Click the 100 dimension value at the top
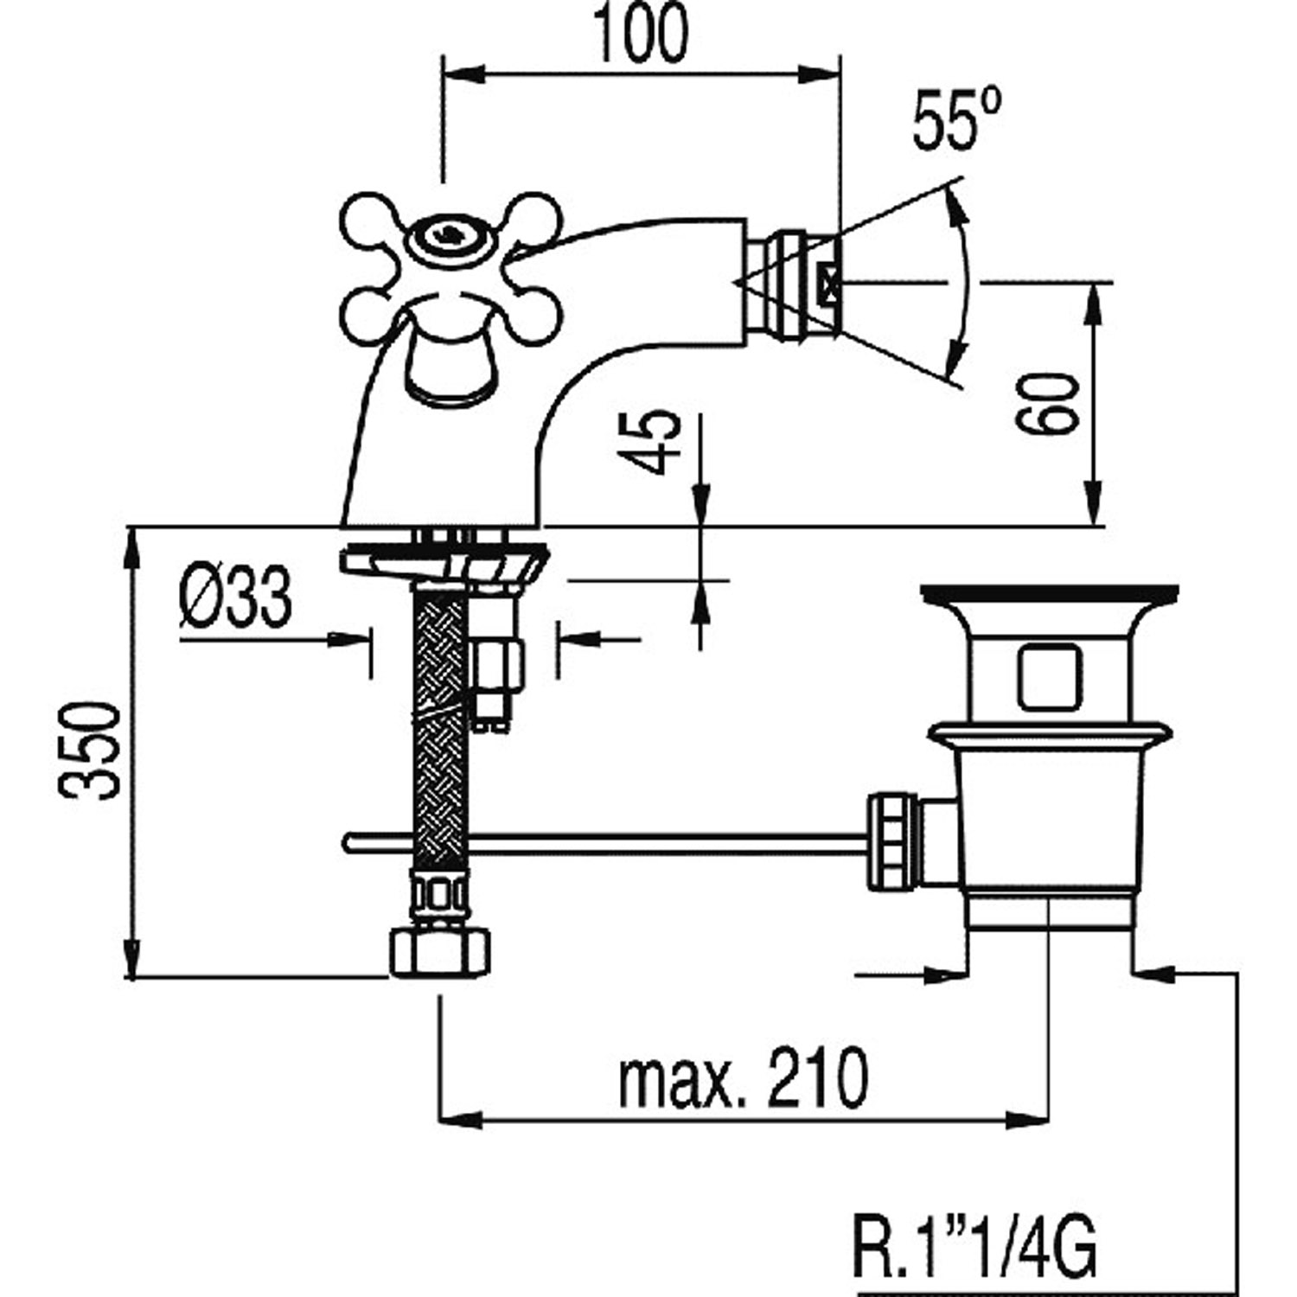pyautogui.click(x=640, y=35)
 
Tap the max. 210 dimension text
pyautogui.click(x=743, y=1078)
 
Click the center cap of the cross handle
pyautogui.click(x=446, y=233)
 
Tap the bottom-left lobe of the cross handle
pyautogui.click(x=367, y=318)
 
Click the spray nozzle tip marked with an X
pyautogui.click(x=830, y=282)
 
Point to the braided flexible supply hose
pyautogui.click(x=440, y=692)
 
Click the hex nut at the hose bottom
pyautogui.click(x=440, y=953)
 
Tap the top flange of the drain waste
pyautogui.click(x=1050, y=593)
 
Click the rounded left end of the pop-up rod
pyautogui.click(x=348, y=840)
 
